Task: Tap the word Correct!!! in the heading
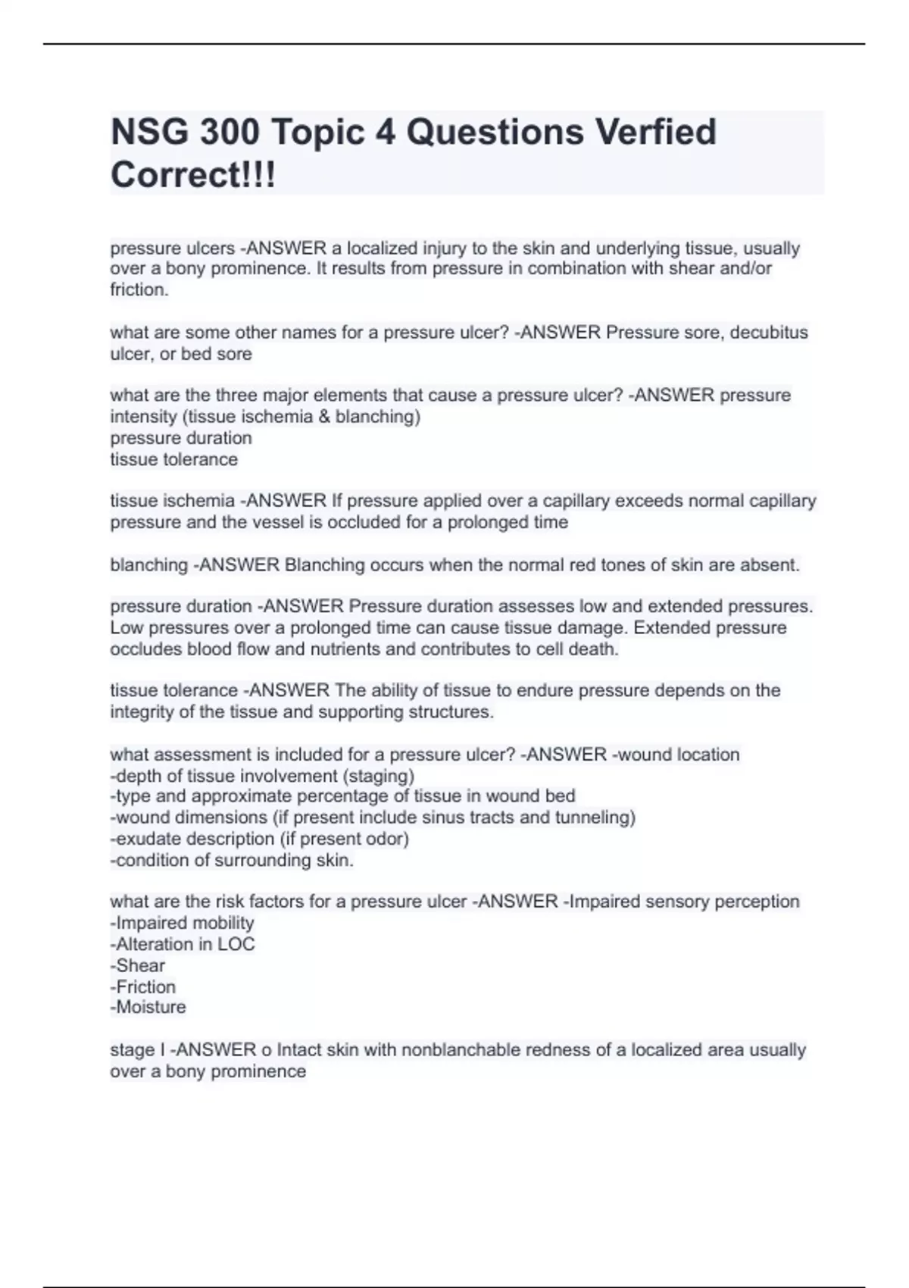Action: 193,175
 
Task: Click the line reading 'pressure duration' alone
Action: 181,438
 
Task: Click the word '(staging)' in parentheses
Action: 379,776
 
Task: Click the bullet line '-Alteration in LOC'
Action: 183,944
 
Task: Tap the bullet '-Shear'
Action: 137,965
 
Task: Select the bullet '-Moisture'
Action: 148,1007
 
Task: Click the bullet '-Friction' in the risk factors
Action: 142,986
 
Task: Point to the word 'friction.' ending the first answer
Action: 139,289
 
